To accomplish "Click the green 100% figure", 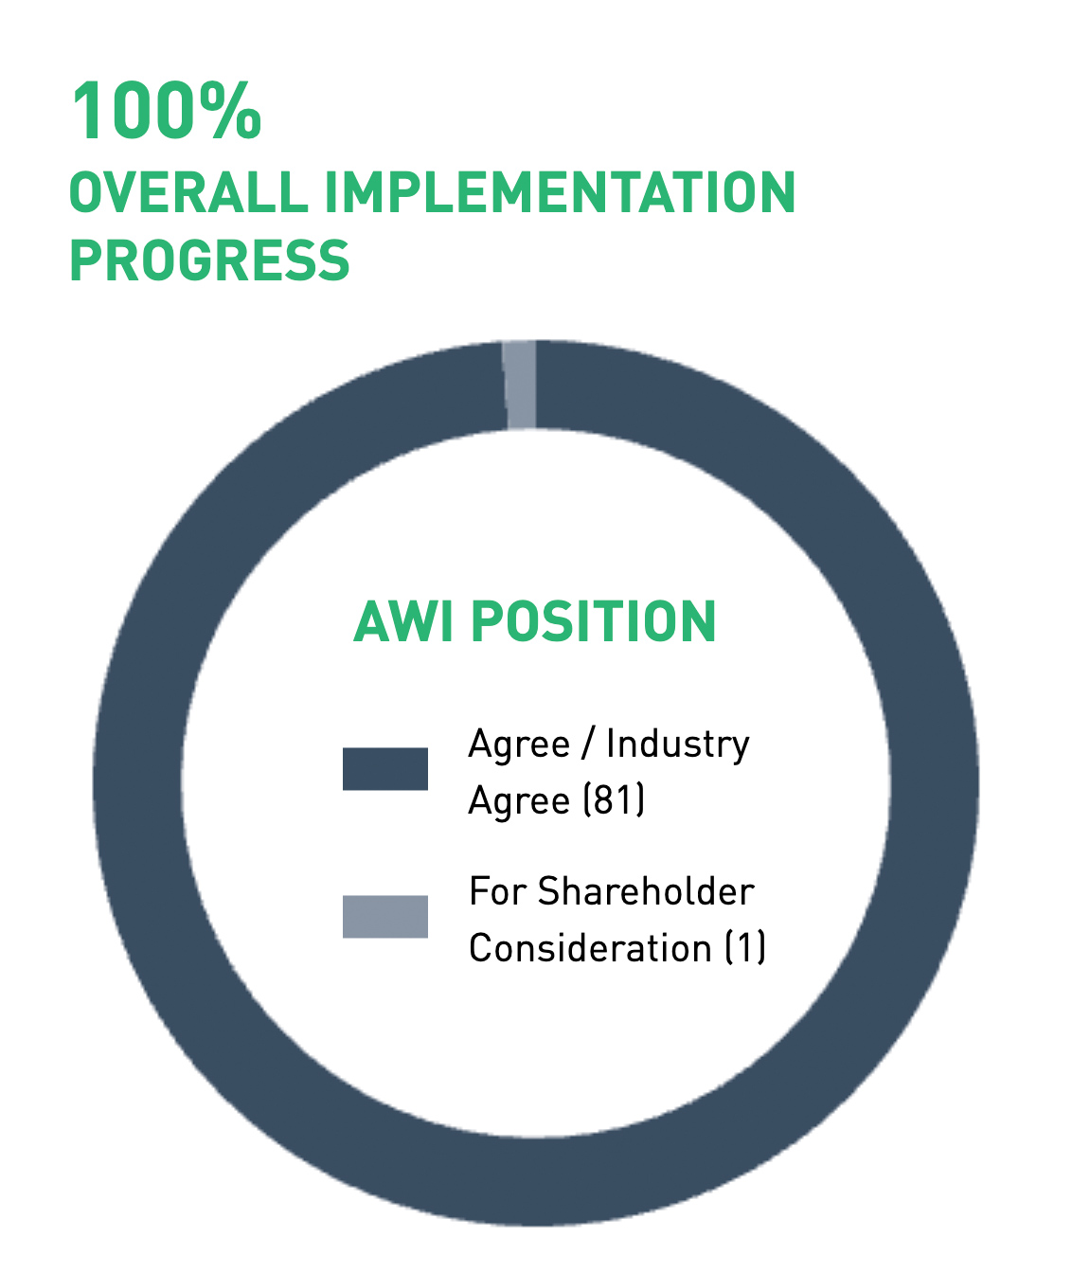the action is tap(167, 111).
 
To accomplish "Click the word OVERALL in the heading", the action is tap(189, 192).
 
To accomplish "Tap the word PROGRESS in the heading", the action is tap(210, 260).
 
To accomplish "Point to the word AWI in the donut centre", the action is tap(403, 621).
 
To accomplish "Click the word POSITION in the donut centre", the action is tap(594, 621).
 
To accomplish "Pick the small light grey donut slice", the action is tap(520, 385).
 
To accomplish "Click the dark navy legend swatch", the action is tap(384, 769).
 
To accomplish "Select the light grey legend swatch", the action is tap(384, 916).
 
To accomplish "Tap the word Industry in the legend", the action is tap(678, 745).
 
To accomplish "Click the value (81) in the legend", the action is tap(614, 800).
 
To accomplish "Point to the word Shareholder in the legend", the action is tap(647, 891).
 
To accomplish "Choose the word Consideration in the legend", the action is tap(590, 948).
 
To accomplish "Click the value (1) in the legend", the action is tap(745, 948).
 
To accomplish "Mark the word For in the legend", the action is tap(497, 891).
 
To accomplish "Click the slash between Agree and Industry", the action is tap(587, 744).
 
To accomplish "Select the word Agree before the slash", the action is tap(519, 746).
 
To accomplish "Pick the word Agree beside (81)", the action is tap(519, 801).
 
